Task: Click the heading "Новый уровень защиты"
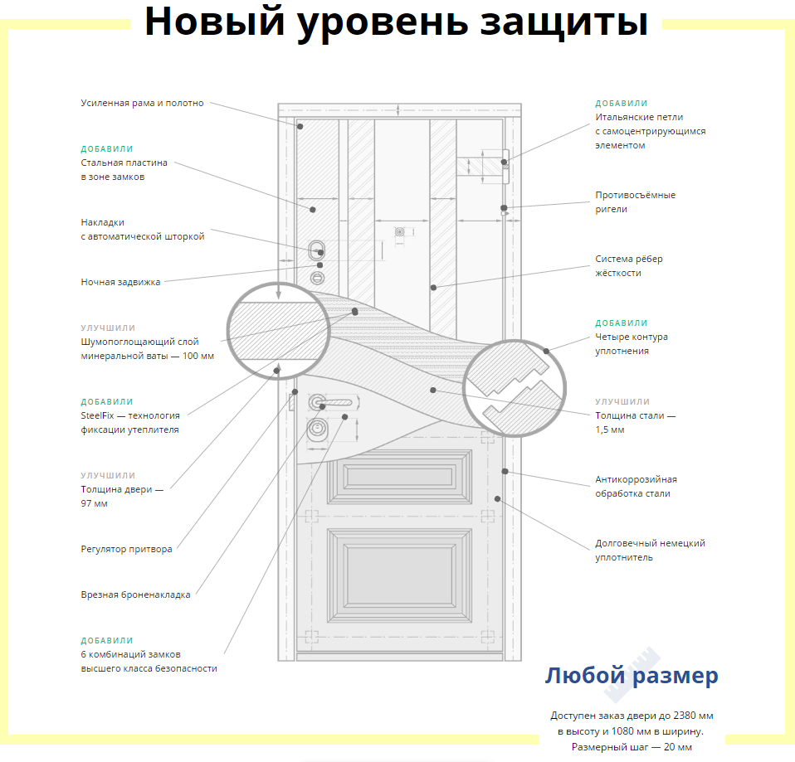pos(396,22)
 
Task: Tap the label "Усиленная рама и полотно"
pos(142,103)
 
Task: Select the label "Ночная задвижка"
pos(120,282)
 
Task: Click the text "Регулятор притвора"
pos(126,549)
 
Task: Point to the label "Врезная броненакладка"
pos(135,595)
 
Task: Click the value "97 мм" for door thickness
pos(95,503)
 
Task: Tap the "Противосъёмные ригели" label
pos(636,202)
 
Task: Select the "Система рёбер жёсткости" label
pos(629,266)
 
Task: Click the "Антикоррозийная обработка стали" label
pos(636,487)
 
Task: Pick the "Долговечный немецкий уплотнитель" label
pos(650,551)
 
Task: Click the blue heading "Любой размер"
pos(632,676)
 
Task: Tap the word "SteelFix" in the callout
pos(97,415)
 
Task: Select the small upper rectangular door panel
pos(399,478)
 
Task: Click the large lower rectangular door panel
pos(399,576)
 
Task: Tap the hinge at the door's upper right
pos(505,166)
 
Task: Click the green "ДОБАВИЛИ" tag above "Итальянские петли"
pos(621,104)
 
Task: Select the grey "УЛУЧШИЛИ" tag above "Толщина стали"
pos(622,402)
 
